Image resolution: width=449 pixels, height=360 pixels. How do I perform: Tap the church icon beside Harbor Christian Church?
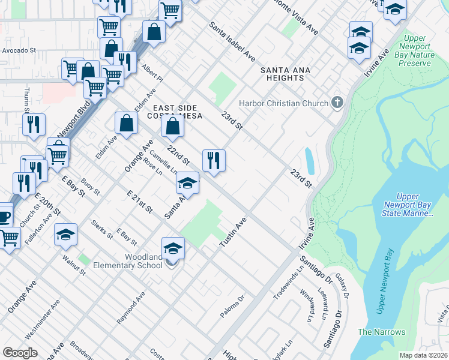pyautogui.click(x=336, y=103)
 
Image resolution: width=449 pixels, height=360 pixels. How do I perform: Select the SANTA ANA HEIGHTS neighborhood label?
pyautogui.click(x=285, y=74)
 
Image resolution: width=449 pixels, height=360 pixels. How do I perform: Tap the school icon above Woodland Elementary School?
pyautogui.click(x=173, y=248)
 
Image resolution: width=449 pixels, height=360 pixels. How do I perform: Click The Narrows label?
pyautogui.click(x=381, y=332)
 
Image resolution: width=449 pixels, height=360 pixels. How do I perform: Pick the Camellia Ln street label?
pyautogui.click(x=163, y=161)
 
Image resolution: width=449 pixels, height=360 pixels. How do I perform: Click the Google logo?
pyautogui.click(x=20, y=352)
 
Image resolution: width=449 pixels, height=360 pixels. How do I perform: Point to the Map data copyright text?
pyautogui.click(x=423, y=355)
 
